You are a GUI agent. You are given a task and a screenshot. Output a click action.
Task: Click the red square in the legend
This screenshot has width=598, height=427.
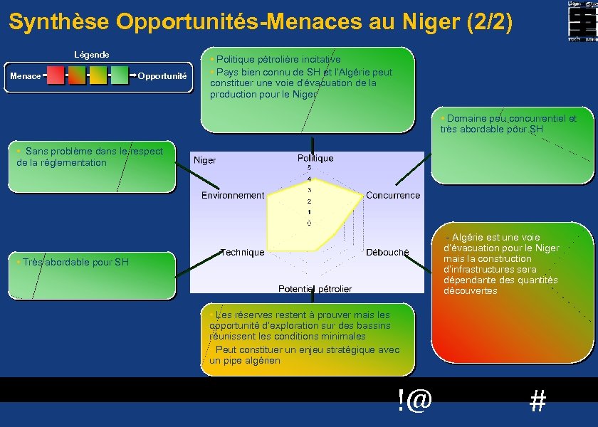[56, 75]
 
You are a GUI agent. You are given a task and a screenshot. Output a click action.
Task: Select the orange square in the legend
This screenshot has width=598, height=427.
[77, 75]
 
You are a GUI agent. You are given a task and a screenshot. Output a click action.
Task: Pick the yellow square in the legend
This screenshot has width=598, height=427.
[98, 75]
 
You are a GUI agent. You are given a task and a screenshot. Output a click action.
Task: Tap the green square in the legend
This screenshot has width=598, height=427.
[120, 75]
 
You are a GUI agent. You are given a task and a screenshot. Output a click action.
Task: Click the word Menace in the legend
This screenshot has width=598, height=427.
[26, 76]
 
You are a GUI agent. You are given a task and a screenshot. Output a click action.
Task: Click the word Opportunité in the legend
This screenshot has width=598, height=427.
[162, 76]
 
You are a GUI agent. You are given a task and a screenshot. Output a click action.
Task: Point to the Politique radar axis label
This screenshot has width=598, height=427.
[315, 158]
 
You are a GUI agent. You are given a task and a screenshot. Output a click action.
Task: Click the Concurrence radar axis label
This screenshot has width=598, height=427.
[393, 195]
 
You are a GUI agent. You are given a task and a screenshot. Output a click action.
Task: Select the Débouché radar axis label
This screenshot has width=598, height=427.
[387, 252]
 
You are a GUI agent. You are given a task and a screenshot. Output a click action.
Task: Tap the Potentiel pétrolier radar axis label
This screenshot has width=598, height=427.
[315, 288]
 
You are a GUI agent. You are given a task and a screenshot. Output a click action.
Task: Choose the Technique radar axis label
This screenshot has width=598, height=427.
[242, 252]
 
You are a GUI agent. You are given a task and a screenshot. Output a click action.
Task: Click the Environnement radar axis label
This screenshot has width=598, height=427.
[232, 195]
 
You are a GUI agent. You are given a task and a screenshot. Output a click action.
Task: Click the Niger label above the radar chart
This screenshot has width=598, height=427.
[205, 160]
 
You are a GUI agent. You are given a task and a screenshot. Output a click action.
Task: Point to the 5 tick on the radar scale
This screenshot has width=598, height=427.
[309, 167]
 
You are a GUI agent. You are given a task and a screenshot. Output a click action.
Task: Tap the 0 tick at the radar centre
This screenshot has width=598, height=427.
[309, 223]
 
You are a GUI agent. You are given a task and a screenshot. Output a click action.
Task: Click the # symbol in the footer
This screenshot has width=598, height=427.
[538, 402]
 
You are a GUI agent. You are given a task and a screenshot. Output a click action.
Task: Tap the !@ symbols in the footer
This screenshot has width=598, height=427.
[415, 401]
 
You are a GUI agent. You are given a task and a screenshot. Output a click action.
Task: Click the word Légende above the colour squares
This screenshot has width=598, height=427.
[92, 55]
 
